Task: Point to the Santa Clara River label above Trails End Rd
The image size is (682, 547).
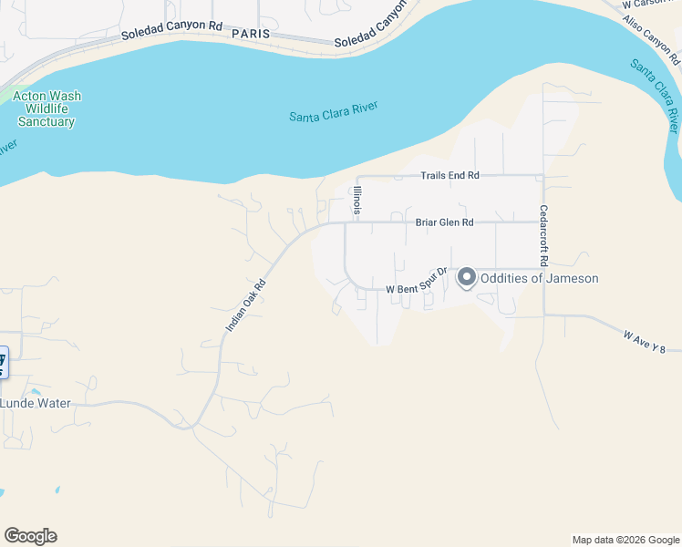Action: [x=333, y=112]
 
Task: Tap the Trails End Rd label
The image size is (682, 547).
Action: [x=449, y=175]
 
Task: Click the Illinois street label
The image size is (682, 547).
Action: [x=358, y=201]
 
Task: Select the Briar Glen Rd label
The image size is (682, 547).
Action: [x=445, y=222]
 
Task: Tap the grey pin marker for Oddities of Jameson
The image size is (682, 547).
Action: [x=467, y=277]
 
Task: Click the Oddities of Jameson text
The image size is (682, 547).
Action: [x=540, y=278]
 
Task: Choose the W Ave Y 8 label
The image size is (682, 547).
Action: [x=652, y=341]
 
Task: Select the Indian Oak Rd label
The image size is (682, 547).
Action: [x=245, y=304]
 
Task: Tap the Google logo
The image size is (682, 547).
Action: [x=30, y=536]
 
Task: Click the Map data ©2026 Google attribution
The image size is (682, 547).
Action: [x=625, y=540]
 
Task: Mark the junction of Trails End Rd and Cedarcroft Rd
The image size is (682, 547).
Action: [x=543, y=175]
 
